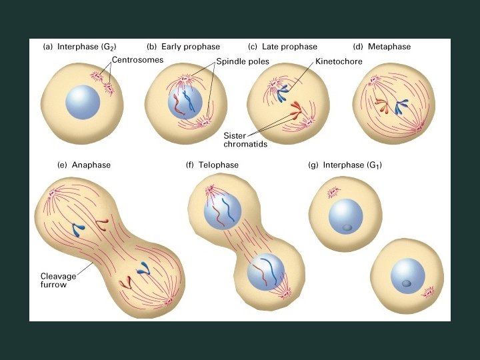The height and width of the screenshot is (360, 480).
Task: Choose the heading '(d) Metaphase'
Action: [381, 47]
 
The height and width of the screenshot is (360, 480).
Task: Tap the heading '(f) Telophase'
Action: [212, 165]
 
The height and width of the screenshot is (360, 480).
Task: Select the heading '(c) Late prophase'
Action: [282, 47]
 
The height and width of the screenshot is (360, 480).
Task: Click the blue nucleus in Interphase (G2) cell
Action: [83, 103]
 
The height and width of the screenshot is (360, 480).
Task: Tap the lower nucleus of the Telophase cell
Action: [265, 274]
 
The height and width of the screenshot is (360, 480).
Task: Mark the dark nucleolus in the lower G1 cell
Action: [407, 285]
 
